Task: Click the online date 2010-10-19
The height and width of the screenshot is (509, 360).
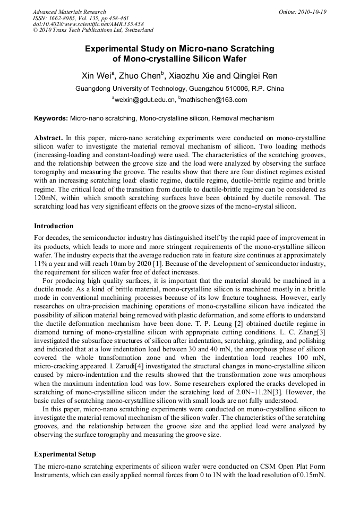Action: [312, 12]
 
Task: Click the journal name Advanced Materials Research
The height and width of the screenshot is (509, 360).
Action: [69, 12]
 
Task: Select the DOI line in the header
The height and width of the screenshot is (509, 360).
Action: [88, 24]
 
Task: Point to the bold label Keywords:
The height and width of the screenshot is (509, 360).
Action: [51, 118]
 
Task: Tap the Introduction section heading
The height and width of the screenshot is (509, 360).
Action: [54, 226]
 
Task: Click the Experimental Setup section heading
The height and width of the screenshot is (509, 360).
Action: [65, 454]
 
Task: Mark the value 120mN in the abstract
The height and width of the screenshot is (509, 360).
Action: [45, 198]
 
